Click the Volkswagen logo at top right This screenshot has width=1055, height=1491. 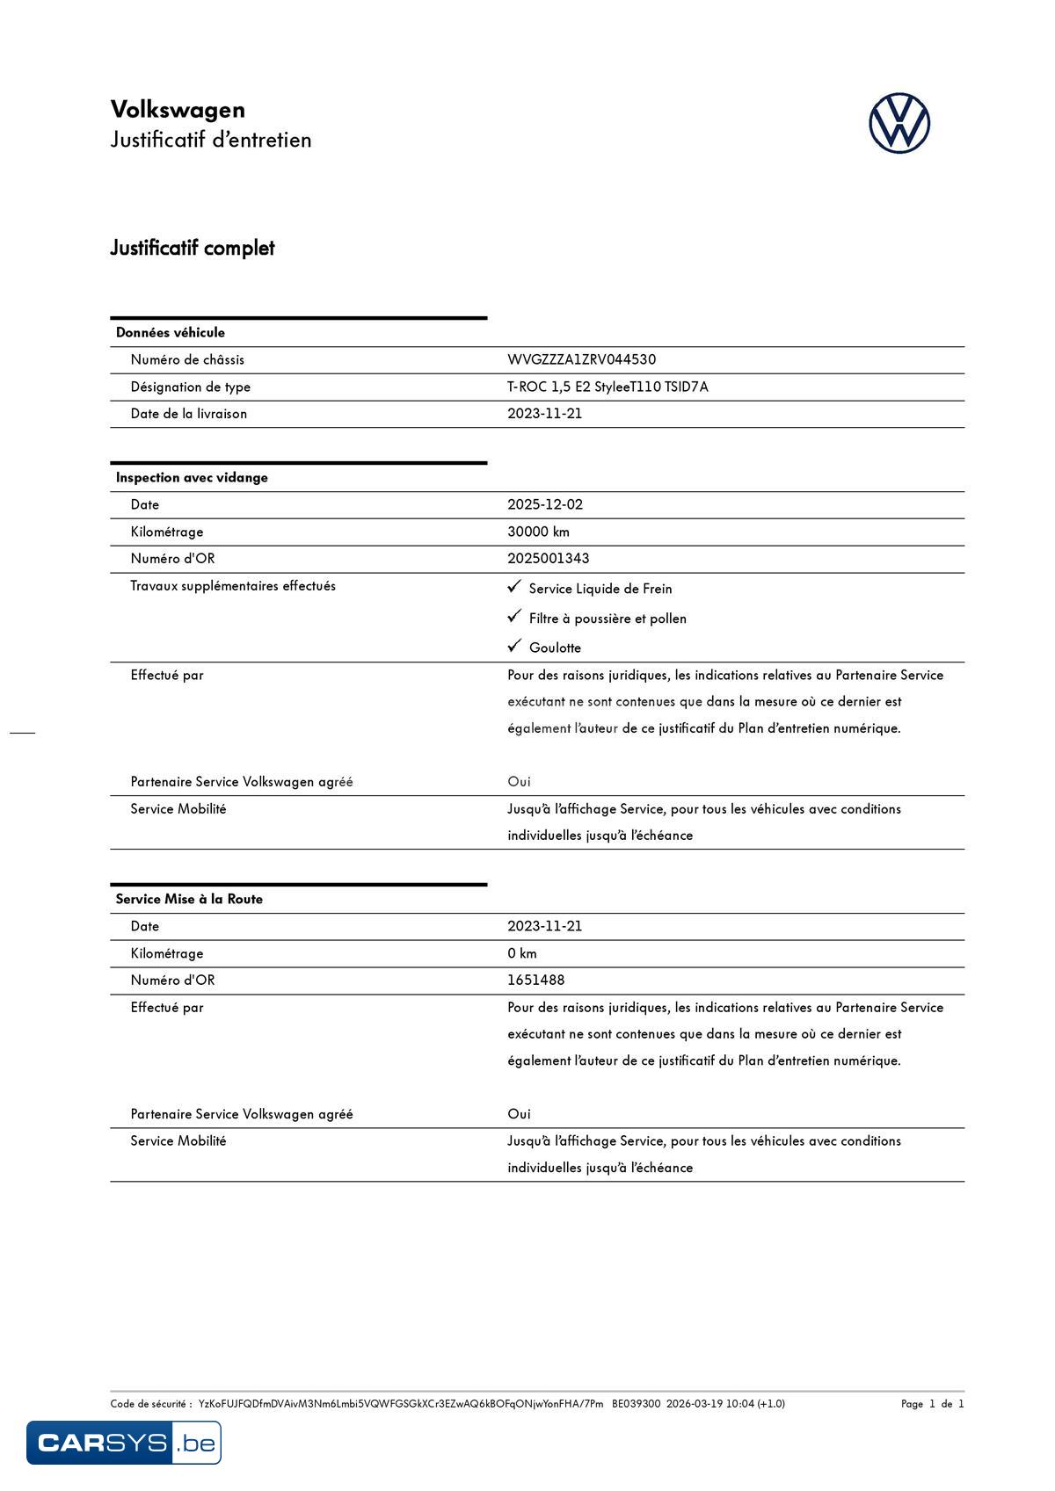click(899, 123)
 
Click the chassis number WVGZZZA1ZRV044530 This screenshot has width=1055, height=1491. click(581, 359)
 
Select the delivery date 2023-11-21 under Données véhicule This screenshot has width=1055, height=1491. click(544, 413)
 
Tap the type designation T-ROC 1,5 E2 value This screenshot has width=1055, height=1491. click(607, 387)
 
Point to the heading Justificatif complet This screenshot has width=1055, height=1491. click(193, 248)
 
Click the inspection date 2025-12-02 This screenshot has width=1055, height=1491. click(545, 504)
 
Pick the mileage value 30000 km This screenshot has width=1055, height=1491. click(538, 532)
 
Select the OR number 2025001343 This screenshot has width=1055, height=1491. click(548, 558)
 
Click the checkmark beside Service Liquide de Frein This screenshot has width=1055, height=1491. click(515, 586)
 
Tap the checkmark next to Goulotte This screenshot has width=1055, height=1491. click(515, 646)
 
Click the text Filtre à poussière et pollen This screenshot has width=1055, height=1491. click(608, 619)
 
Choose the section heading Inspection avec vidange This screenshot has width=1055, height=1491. click(192, 477)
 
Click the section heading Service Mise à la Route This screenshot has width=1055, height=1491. click(189, 899)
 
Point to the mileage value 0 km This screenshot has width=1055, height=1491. click(521, 953)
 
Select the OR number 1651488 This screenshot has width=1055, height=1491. click(535, 980)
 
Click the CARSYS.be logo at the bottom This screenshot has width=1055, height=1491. click(124, 1443)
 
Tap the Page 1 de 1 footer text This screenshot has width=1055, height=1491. click(932, 1403)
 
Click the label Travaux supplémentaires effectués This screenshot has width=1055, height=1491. click(233, 586)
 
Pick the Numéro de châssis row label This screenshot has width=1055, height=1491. click(187, 359)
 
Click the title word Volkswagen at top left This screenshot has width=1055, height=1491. click(178, 110)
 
